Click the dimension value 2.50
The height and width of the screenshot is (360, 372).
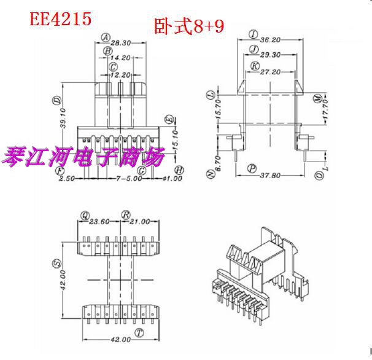coord(67,179)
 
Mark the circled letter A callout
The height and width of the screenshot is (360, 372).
coord(105,36)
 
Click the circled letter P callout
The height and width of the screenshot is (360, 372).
coord(251,167)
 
